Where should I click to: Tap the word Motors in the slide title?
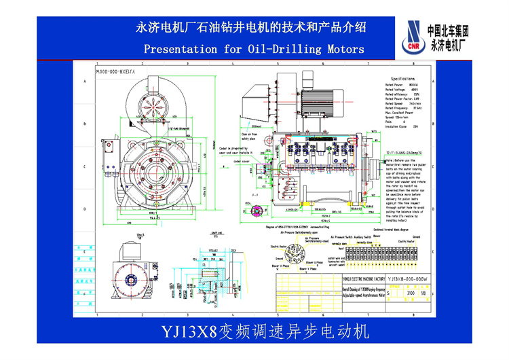(x=343, y=49)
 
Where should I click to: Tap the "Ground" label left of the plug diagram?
(x=279, y=259)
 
